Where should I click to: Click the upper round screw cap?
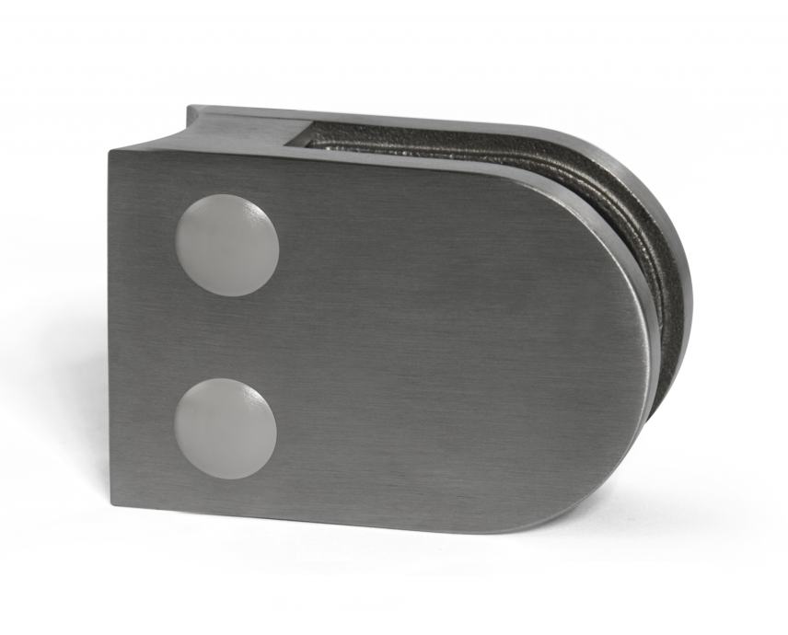(x=226, y=245)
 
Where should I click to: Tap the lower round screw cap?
(x=225, y=428)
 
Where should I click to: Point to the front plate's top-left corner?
(x=110, y=151)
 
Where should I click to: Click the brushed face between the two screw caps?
(x=226, y=336)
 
